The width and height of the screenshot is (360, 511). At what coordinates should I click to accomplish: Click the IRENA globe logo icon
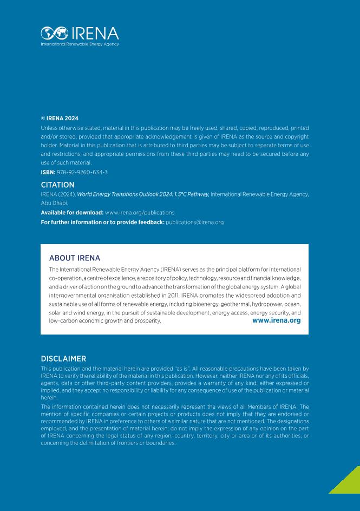click(53, 32)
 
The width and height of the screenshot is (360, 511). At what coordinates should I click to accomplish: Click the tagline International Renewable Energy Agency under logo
click(80, 44)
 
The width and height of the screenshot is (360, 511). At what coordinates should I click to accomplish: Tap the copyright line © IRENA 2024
click(60, 118)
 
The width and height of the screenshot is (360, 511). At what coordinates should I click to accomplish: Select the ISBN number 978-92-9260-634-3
click(82, 172)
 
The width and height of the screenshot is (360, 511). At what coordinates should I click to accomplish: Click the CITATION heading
click(57, 185)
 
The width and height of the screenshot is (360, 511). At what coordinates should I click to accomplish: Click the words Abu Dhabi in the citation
click(53, 203)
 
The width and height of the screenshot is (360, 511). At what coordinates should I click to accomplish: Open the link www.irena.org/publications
click(140, 213)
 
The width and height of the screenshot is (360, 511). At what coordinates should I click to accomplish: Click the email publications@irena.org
click(194, 222)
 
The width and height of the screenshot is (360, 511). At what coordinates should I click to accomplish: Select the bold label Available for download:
click(72, 213)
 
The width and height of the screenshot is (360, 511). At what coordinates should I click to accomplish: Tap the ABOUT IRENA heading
click(75, 258)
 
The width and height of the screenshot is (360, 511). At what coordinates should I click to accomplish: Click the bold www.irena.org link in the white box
click(276, 320)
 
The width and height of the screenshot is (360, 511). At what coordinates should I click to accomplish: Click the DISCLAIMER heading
click(63, 358)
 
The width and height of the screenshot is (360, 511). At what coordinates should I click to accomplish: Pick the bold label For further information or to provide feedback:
click(102, 222)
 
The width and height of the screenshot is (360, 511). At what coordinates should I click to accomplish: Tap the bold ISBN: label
click(48, 172)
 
